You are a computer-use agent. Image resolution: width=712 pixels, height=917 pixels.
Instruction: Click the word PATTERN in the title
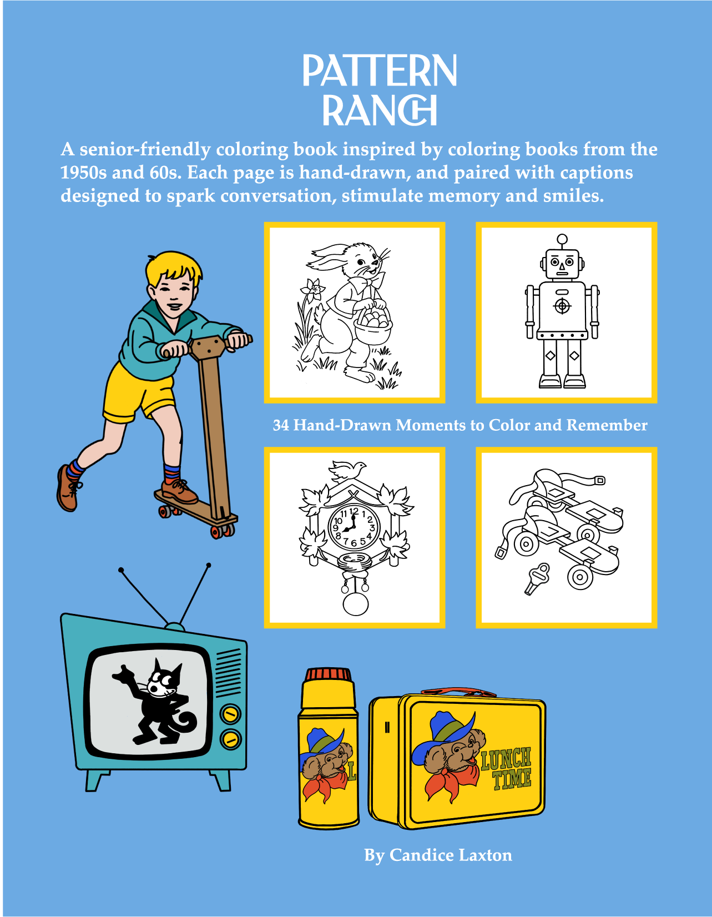pyautogui.click(x=380, y=71)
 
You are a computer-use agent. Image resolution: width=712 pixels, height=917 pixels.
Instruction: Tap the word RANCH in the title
pyautogui.click(x=380, y=110)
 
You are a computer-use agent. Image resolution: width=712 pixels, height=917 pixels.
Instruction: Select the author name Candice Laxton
pyautogui.click(x=450, y=855)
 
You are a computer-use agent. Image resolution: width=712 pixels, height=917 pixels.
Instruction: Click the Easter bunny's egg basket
pyautogui.click(x=372, y=328)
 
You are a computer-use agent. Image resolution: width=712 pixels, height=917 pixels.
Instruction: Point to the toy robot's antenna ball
pyautogui.click(x=562, y=239)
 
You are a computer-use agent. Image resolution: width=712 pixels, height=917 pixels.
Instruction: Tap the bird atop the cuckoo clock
pyautogui.click(x=348, y=470)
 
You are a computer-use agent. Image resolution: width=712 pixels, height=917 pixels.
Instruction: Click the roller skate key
pyautogui.click(x=537, y=578)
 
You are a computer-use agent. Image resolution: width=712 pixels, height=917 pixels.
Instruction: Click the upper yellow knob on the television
pyautogui.click(x=230, y=714)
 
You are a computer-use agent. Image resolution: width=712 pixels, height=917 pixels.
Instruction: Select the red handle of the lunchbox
pyautogui.click(x=458, y=692)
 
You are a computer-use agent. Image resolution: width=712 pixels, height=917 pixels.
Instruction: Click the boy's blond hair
pyautogui.click(x=171, y=268)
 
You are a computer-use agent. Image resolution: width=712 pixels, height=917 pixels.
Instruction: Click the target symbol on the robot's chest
pyautogui.click(x=562, y=306)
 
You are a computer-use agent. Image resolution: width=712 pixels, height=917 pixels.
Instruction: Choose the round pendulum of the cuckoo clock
pyautogui.click(x=356, y=603)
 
